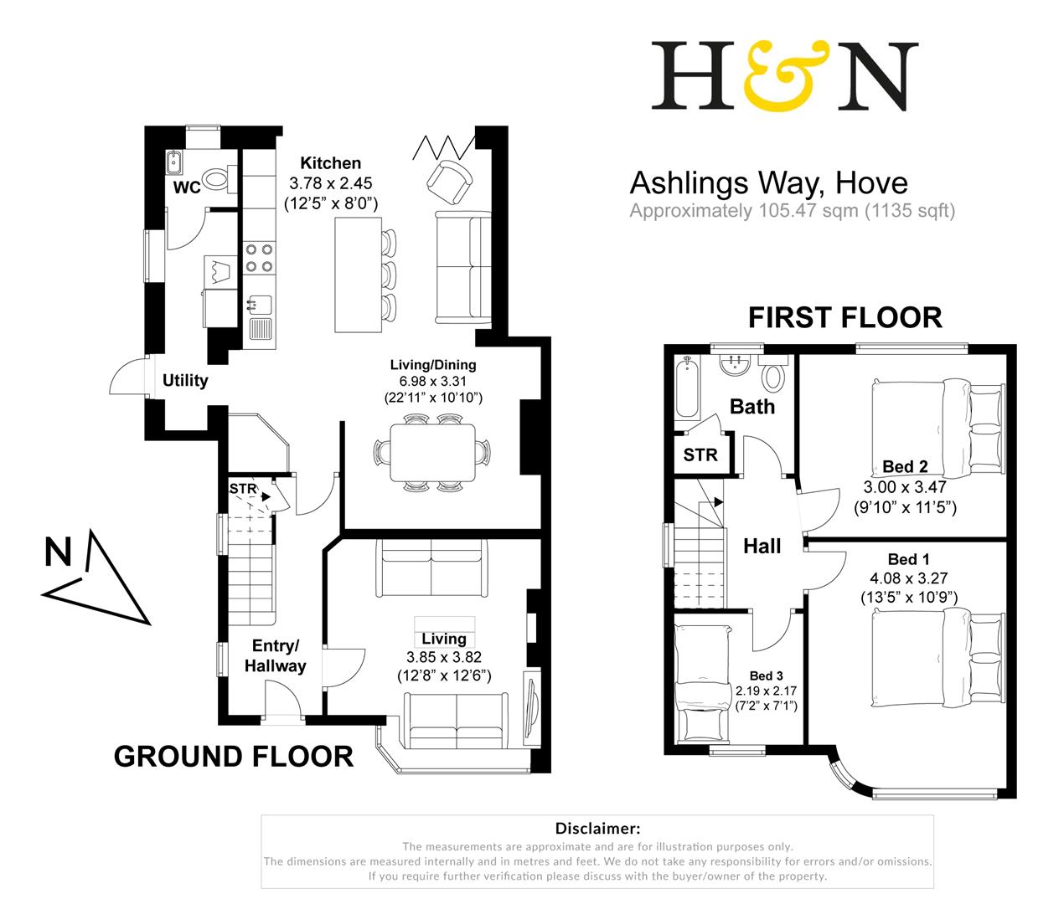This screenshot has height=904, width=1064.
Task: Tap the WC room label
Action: (186, 187)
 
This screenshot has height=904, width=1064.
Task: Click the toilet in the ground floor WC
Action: (217, 179)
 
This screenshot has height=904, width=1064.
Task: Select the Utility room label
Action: (185, 381)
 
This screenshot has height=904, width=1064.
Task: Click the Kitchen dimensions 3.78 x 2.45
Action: (330, 183)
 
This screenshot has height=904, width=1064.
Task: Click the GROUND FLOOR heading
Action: (233, 757)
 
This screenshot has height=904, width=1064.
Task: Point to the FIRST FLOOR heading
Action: (844, 318)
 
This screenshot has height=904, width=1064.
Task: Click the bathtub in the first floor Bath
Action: (685, 388)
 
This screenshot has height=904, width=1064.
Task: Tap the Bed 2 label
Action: (905, 467)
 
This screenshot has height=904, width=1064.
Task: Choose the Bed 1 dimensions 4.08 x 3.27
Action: (909, 578)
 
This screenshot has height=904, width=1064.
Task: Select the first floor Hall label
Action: (762, 547)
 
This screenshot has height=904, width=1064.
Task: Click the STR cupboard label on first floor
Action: (700, 455)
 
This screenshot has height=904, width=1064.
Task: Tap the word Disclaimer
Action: (597, 829)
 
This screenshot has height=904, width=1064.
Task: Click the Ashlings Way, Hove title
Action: (768, 182)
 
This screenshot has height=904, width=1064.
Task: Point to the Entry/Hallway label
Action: (276, 656)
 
